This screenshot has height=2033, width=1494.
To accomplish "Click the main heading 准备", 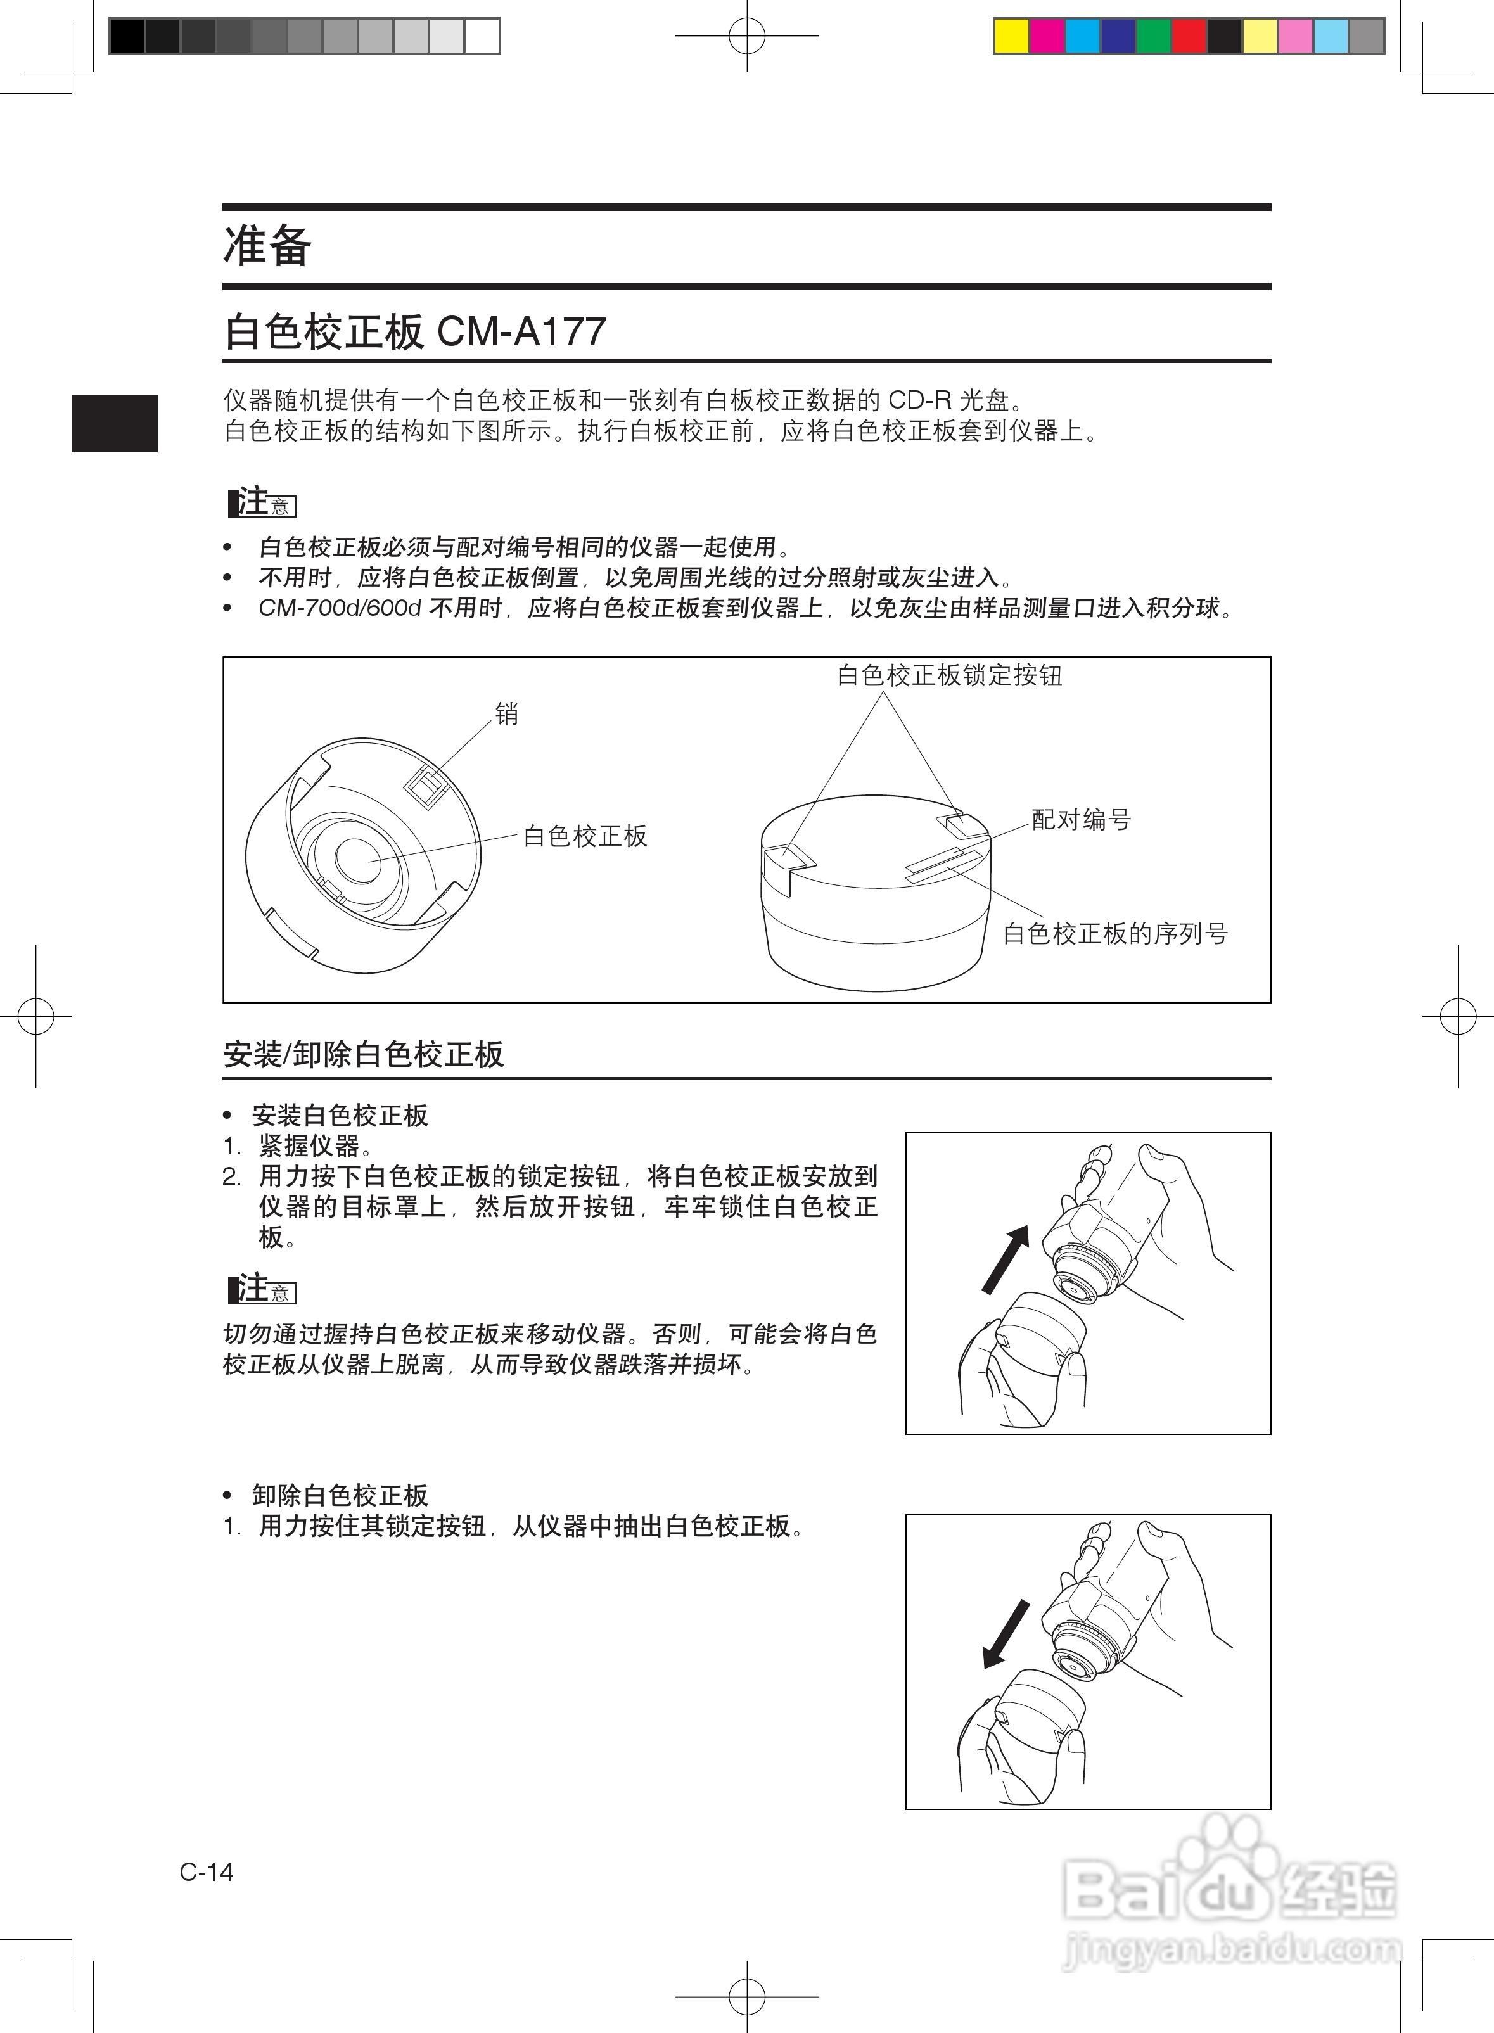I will point(267,246).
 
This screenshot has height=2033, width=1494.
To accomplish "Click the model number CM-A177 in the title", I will point(521,332).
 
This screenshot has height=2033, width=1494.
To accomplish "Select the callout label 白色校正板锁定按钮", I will point(950,675).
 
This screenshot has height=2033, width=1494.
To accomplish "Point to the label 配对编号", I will point(1082,820).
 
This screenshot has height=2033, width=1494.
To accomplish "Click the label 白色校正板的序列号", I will point(1115,933).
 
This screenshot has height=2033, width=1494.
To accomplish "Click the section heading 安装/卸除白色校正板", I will point(364,1054).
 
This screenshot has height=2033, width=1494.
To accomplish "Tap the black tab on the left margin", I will point(115,423).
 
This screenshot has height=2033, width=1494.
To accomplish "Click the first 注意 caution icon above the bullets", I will point(262,502).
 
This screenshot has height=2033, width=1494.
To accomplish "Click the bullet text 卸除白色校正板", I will point(340,1495).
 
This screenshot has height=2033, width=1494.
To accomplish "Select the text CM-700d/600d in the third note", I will point(340,608).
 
